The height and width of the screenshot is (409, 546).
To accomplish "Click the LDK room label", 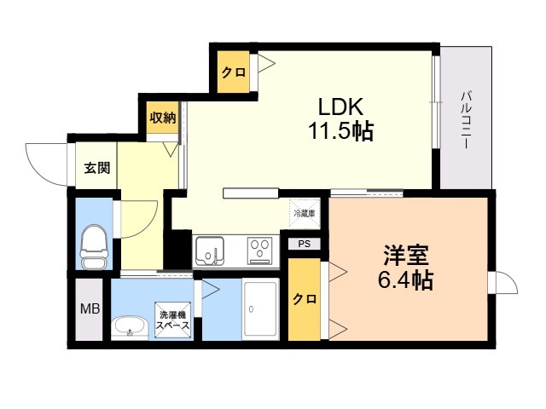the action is tap(340, 107).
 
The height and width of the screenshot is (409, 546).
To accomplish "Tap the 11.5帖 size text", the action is tap(340, 131).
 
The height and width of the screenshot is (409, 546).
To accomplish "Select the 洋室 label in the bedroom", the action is tap(406, 255).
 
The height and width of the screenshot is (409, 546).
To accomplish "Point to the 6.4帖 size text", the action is tap(406, 279).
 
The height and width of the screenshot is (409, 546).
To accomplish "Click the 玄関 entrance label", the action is tap(97, 168).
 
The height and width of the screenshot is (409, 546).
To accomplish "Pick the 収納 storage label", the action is tap(163, 118).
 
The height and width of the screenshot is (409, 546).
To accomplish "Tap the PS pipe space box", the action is tap(305, 244).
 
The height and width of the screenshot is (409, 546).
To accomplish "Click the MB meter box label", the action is tap(90, 308).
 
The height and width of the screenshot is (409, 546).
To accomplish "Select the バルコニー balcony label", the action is tap(466, 120).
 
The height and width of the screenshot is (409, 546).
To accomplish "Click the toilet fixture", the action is tap(94, 246).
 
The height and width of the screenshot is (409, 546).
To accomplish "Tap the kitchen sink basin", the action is tap(209, 251).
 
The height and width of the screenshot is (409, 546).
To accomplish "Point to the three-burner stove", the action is tap(259, 250).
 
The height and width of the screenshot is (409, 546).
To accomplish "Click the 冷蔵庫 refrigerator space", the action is tap(305, 214).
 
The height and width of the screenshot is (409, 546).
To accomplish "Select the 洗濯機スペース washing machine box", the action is tap(172, 320).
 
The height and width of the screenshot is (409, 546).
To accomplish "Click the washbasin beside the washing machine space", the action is tap(130, 327).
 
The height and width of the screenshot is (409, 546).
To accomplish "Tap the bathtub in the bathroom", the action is tap(261, 309).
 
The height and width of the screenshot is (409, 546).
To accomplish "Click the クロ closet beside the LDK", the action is tap(233, 72).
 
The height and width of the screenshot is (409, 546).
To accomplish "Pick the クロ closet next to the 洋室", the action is tap(305, 299).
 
